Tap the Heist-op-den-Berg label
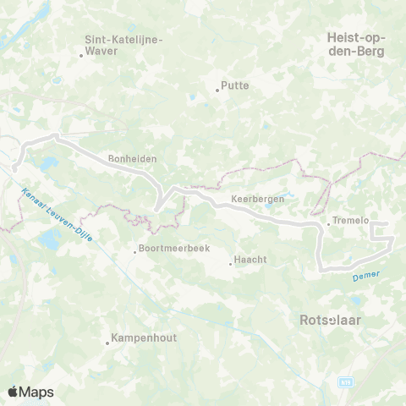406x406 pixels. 355,44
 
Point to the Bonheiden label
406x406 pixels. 132,158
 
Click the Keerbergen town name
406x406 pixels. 256,200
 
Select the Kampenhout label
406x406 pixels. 142,338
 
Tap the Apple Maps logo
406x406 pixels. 30,392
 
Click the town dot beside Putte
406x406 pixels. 217,91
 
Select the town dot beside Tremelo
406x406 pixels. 328,224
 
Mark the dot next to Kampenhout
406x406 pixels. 108,343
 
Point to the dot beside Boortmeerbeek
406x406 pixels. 135,250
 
